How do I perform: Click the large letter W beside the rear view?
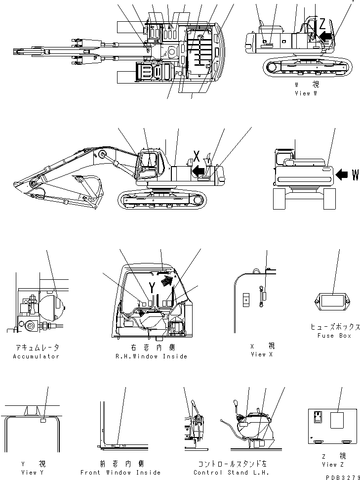pos(355,175)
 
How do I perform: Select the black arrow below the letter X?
pos(199,171)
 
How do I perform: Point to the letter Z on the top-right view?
pos(322,23)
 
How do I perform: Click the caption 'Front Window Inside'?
pos(120,472)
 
